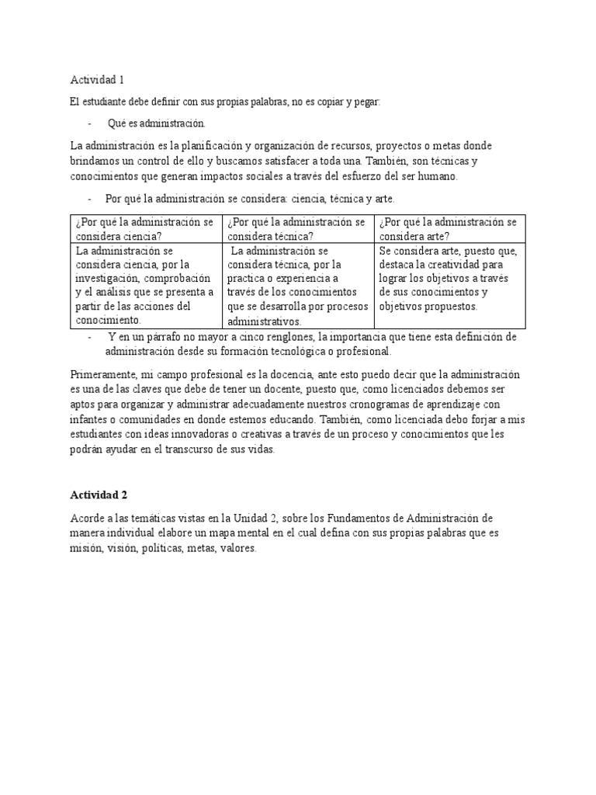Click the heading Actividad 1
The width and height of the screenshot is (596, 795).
[97, 80]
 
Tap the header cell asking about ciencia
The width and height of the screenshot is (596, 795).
[144, 229]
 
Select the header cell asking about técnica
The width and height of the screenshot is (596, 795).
[297, 229]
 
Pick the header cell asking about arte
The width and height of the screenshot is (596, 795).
[449, 229]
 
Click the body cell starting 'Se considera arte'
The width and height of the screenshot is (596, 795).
[449, 278]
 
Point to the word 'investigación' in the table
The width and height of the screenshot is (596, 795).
[106, 278]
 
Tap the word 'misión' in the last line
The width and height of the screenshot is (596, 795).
[85, 547]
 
